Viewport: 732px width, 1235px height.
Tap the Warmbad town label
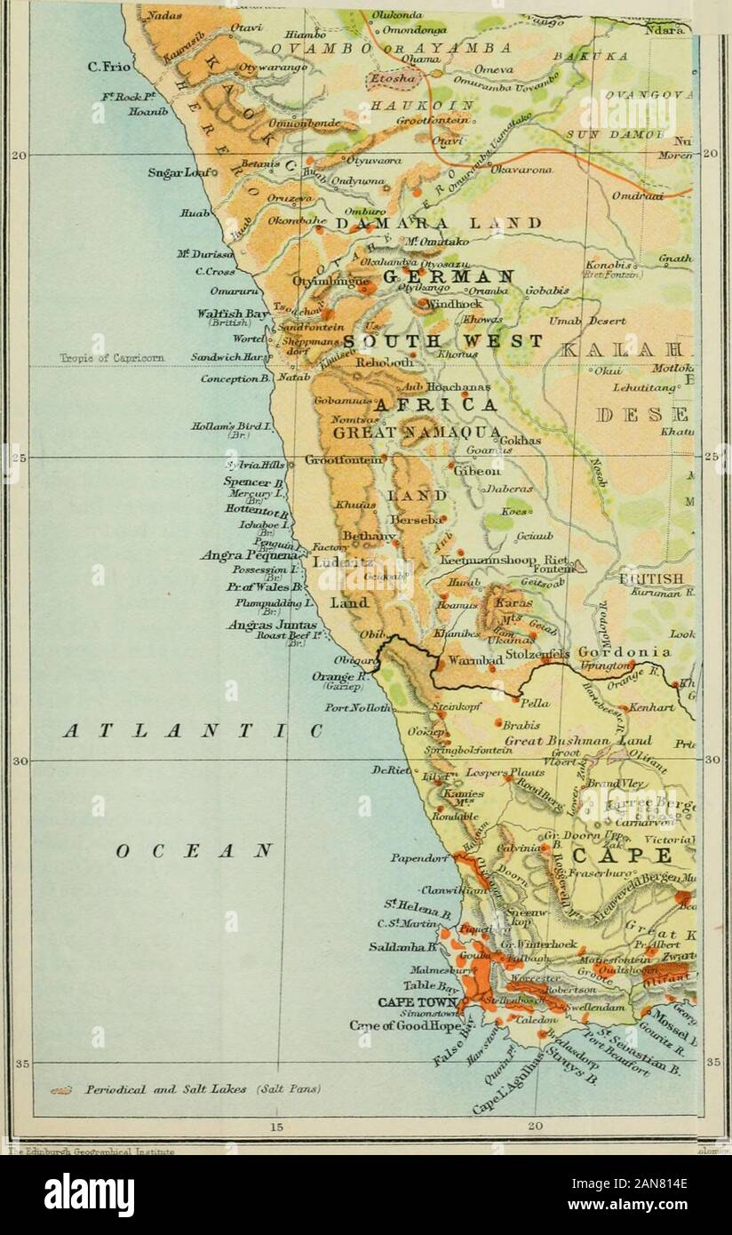(x=472, y=662)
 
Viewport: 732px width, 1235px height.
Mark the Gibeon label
(x=478, y=471)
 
